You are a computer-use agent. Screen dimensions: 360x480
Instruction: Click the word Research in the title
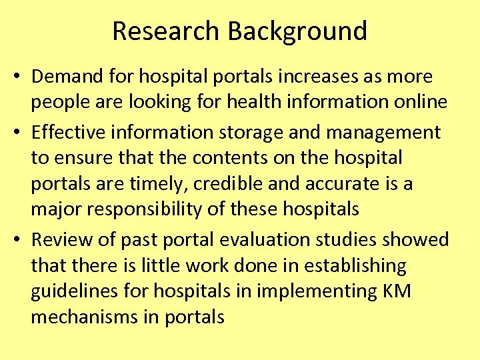click(166, 31)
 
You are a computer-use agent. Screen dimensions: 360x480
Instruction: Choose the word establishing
click(355, 265)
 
